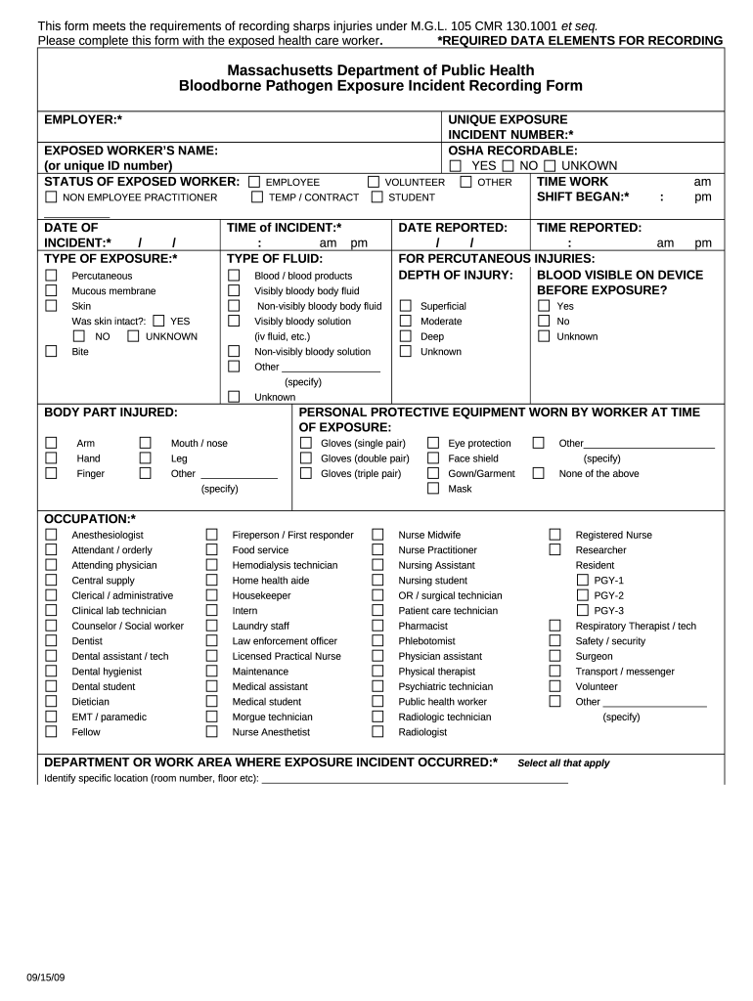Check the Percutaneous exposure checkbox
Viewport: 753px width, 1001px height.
[x=52, y=276]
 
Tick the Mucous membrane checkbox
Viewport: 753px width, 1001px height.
[x=52, y=291]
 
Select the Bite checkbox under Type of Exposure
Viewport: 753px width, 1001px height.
[x=52, y=352]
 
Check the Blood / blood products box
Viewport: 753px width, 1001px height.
[x=234, y=276]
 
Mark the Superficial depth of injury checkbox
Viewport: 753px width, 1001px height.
[x=405, y=306]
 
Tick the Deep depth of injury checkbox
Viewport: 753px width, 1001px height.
[x=405, y=336]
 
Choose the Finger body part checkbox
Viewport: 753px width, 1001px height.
[x=52, y=473]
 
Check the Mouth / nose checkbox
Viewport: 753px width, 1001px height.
[x=145, y=443]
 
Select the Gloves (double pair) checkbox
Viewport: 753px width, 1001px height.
[x=305, y=458]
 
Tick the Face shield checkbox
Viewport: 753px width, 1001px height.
[x=433, y=458]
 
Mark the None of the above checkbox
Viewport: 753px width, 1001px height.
[x=538, y=473]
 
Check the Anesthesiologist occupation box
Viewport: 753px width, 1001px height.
[x=52, y=535]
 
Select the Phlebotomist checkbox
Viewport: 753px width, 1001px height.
[x=377, y=641]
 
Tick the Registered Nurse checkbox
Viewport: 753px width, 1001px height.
[x=554, y=535]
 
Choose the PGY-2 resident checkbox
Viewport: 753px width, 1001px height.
[x=583, y=595]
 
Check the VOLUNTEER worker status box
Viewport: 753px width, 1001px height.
[x=374, y=182]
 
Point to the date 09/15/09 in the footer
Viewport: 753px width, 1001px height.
[x=46, y=979]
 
